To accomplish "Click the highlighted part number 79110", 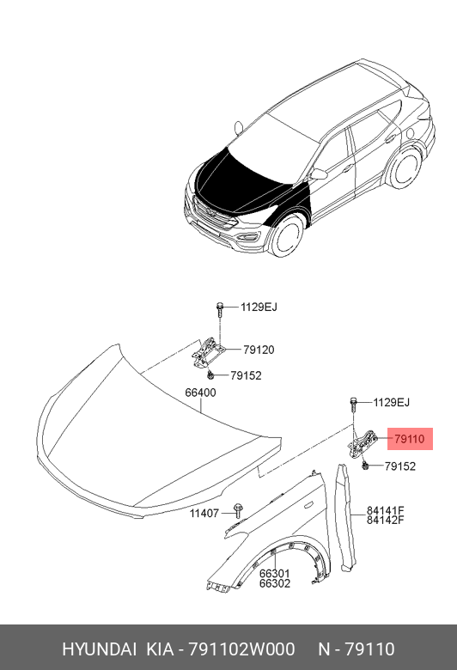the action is [410, 439].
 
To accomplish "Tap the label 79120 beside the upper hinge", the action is [259, 350].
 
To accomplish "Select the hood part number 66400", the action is [200, 393].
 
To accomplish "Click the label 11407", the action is [204, 513].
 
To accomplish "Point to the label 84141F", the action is [385, 510].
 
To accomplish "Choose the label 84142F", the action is [385, 520].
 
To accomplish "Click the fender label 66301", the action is [274, 574].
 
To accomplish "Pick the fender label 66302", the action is [274, 583].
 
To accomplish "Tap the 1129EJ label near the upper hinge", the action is [259, 308].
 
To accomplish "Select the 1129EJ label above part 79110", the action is [391, 403].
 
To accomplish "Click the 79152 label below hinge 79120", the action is [246, 375].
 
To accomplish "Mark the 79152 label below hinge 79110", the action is [400, 466].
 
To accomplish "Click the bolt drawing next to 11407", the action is [238, 510].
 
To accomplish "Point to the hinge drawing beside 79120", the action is [207, 352].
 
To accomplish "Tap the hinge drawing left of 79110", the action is [363, 443].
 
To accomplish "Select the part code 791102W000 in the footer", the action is [241, 649].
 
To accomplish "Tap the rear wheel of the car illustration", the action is [404, 167].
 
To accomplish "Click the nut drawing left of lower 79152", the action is [366, 466].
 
